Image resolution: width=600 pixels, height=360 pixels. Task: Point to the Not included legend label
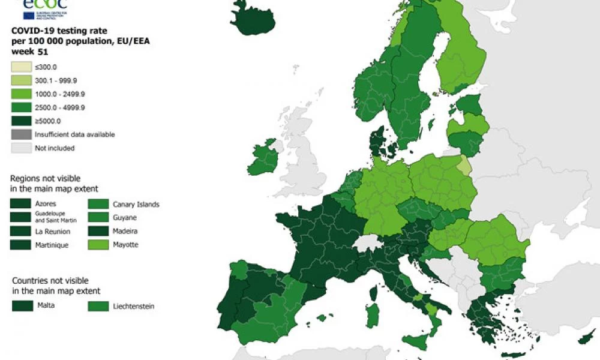coord(55,148)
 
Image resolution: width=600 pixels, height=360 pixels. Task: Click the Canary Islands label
coord(136,204)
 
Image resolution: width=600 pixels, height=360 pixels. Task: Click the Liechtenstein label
coord(134,306)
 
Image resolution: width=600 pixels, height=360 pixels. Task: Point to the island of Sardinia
coord(373,314)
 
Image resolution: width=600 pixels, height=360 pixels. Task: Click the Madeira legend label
coord(128,231)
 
